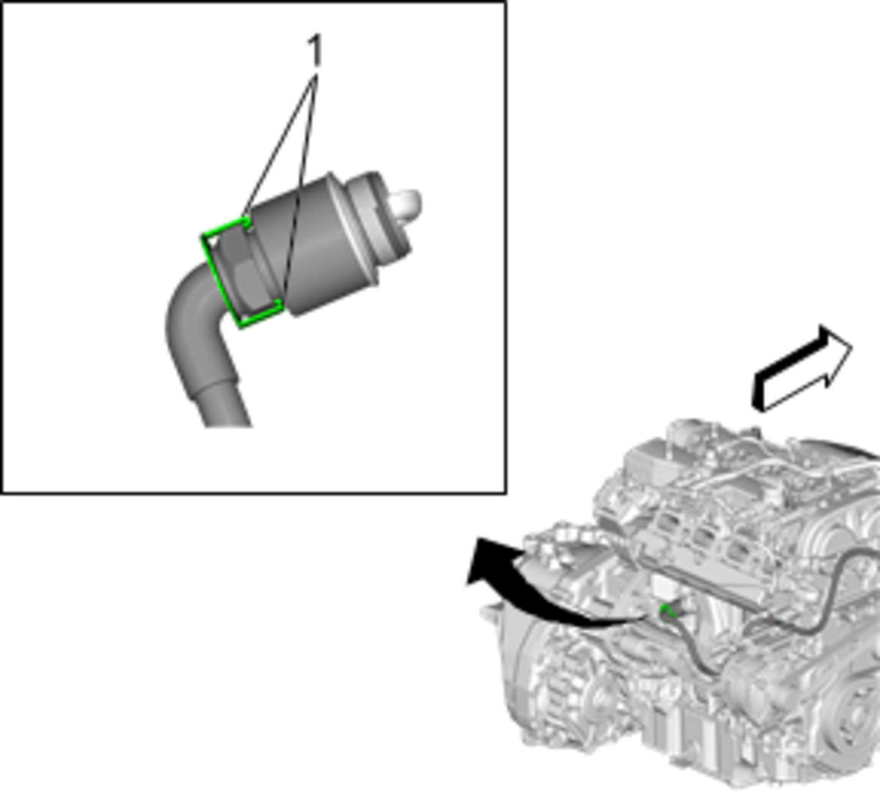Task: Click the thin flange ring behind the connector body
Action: (x=351, y=228)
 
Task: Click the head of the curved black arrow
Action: (x=487, y=561)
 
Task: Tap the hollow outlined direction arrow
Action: (x=803, y=369)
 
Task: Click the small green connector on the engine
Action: (x=667, y=611)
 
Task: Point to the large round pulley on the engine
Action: (x=856, y=720)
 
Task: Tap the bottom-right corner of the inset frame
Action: (x=506, y=493)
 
